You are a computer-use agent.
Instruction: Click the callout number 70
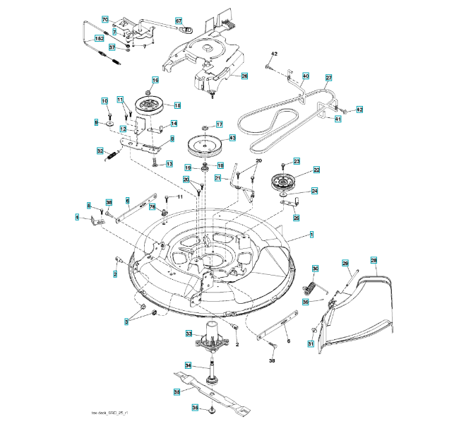coord(105,19)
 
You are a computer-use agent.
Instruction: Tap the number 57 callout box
coord(179,20)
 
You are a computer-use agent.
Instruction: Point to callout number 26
coord(244,76)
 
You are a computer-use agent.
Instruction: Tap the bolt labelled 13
coord(155,163)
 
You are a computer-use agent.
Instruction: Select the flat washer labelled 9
coord(112,124)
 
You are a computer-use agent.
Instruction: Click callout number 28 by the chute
coord(374,260)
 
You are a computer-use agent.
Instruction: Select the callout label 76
coord(152,206)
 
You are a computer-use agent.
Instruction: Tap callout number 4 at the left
coord(77,218)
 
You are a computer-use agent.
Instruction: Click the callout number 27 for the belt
coord(328,77)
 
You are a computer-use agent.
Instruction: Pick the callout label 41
coord(338,119)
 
